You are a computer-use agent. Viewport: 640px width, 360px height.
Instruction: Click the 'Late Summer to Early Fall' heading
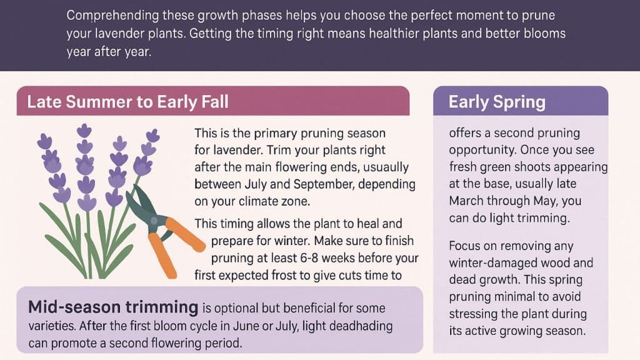pyautogui.click(x=127, y=101)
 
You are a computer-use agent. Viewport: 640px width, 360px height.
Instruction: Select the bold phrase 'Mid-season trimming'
pyautogui.click(x=112, y=307)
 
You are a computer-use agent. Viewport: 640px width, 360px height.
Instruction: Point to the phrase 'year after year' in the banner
pyautogui.click(x=109, y=51)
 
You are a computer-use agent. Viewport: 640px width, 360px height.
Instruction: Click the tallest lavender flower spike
pyautogui.click(x=84, y=162)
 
